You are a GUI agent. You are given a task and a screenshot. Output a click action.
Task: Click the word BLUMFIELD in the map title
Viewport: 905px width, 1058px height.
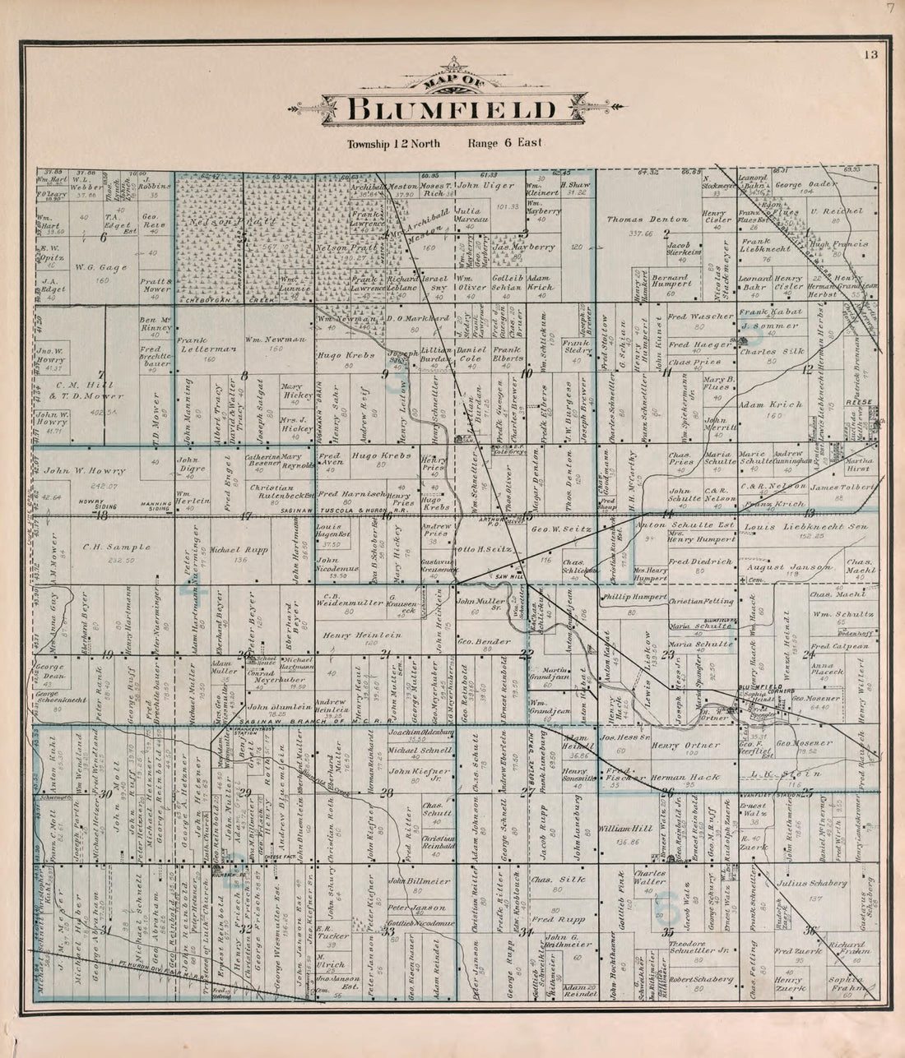pos(452,109)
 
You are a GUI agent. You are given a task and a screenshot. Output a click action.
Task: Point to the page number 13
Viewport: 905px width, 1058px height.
pos(871,55)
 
